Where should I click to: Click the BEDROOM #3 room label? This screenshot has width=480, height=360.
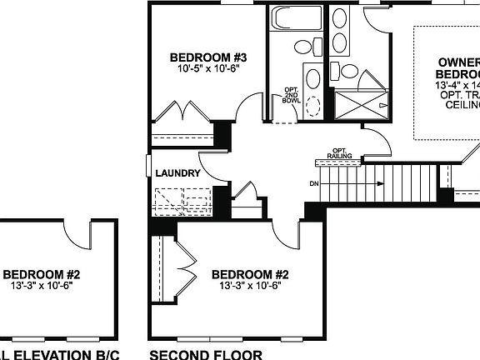[209, 57]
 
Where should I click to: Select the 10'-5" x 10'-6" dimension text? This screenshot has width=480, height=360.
[208, 69]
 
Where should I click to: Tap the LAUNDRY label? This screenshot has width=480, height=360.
[177, 173]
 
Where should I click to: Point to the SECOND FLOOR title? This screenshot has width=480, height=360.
[205, 353]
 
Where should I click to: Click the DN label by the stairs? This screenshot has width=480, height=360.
[313, 183]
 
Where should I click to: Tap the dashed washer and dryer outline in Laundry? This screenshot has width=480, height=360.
[183, 201]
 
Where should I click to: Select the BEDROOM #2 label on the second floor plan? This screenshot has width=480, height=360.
[249, 275]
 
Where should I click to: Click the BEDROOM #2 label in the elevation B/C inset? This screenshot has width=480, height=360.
[42, 275]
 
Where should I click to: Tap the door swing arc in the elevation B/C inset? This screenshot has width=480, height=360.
[79, 228]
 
